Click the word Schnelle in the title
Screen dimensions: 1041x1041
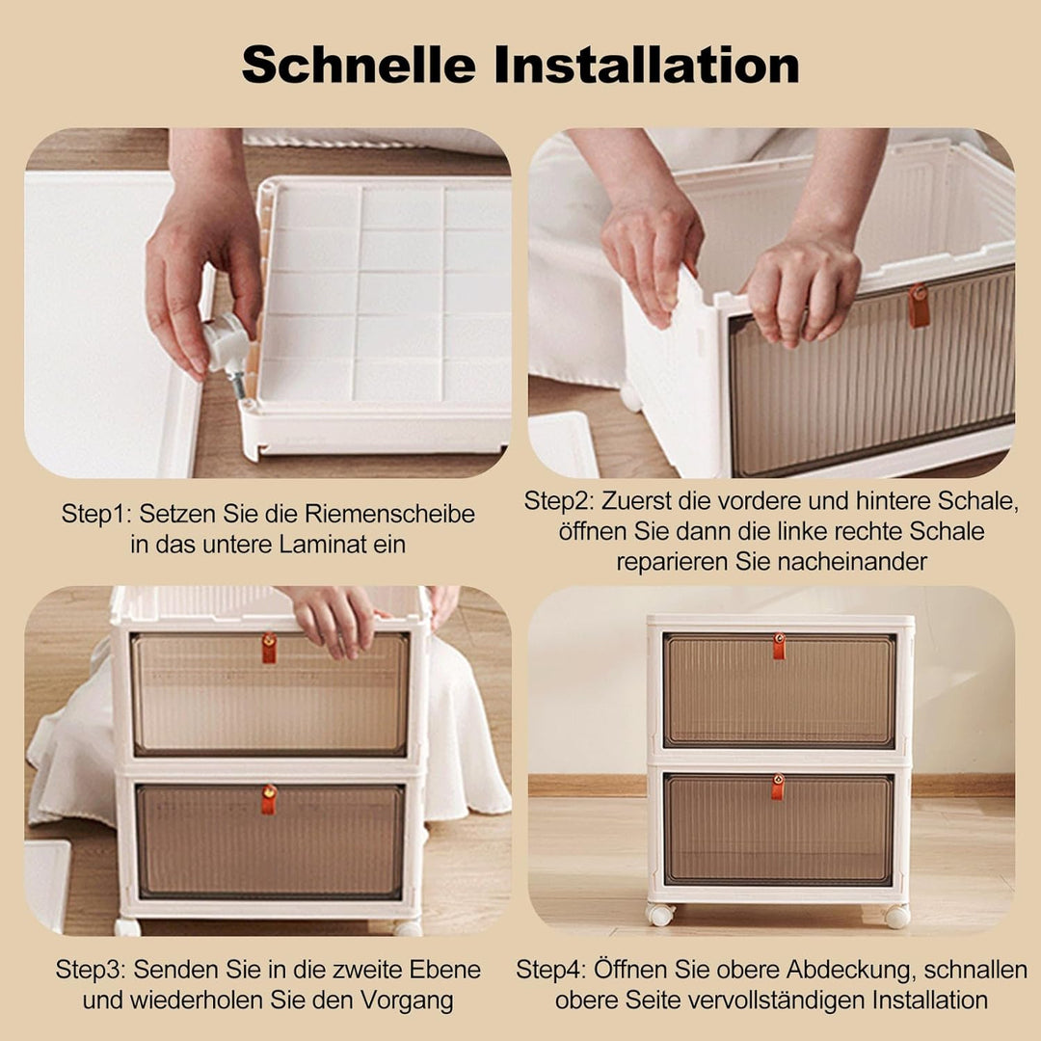point(359,66)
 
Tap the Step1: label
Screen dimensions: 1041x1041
point(97,515)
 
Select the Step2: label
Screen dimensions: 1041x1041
point(560,501)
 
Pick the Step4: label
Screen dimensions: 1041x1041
point(551,970)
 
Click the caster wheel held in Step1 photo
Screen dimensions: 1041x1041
point(226,343)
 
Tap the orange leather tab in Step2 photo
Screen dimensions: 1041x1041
point(919,306)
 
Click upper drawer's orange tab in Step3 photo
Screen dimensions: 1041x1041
point(269,648)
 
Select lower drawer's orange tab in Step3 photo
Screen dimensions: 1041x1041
point(269,799)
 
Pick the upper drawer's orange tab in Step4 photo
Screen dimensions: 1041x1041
point(778,646)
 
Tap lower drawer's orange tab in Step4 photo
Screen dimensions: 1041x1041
point(777,787)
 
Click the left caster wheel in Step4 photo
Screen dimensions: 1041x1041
point(660,915)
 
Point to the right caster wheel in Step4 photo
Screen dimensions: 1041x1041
point(896,916)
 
